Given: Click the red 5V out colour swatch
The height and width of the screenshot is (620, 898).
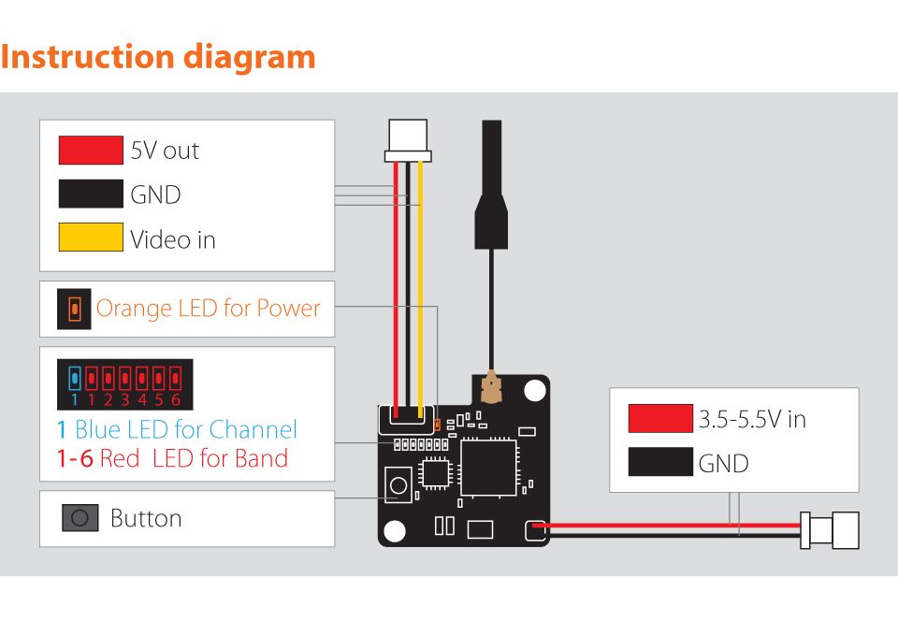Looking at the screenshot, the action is click(91, 150).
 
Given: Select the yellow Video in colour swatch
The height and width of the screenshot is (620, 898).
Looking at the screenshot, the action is click(91, 237).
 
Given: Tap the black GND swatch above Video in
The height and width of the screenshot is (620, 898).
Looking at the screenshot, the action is click(91, 194).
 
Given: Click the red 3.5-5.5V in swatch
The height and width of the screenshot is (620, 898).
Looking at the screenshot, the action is click(660, 418).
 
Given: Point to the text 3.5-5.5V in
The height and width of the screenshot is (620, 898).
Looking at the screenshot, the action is click(752, 419).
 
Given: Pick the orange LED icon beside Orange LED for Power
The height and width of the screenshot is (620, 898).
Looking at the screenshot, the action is click(74, 310).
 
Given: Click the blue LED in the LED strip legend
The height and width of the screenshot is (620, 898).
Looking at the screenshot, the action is click(74, 378).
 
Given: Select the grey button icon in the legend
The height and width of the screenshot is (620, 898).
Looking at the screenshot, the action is click(80, 517).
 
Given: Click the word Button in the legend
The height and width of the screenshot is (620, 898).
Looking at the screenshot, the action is click(146, 518).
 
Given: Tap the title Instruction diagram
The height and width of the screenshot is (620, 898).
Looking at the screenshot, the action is click(158, 57).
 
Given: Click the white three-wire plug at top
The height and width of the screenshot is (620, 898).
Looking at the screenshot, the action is click(408, 140).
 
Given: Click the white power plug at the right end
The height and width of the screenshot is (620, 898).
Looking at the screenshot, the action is click(830, 530).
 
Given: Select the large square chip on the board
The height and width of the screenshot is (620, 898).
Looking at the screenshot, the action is click(488, 469).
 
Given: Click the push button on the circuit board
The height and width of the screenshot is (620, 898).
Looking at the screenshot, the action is click(398, 485).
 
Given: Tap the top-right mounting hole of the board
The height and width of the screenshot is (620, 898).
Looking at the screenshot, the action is click(535, 391).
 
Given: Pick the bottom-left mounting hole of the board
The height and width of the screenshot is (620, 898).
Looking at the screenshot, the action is click(395, 531).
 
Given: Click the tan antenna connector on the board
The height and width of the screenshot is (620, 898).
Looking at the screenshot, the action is click(491, 387).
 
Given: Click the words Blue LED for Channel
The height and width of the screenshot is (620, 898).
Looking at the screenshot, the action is click(186, 429).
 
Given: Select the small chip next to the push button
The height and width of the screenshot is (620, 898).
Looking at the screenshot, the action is click(435, 473).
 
